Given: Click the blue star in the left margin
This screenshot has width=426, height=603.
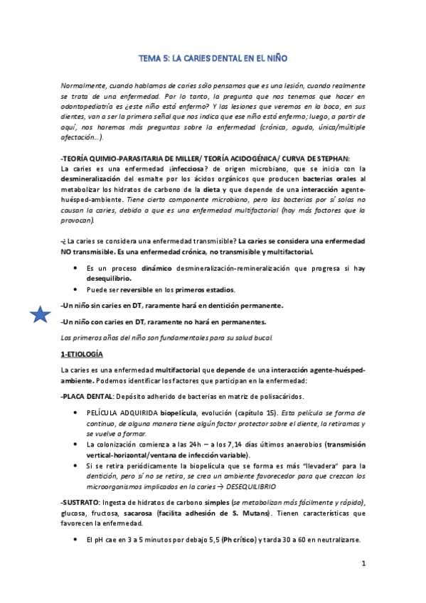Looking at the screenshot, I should [40, 314].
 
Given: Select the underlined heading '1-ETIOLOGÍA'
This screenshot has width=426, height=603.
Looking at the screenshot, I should [82, 353].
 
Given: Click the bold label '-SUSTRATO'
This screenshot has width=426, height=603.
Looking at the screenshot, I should [84, 503].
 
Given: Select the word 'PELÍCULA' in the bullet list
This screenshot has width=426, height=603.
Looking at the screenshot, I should [107, 413].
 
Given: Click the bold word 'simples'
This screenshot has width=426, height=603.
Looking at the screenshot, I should [213, 503].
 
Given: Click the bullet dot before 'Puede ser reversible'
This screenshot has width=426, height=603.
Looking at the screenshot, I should [75, 289].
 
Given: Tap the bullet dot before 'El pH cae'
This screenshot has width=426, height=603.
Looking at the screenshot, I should [75, 539].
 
